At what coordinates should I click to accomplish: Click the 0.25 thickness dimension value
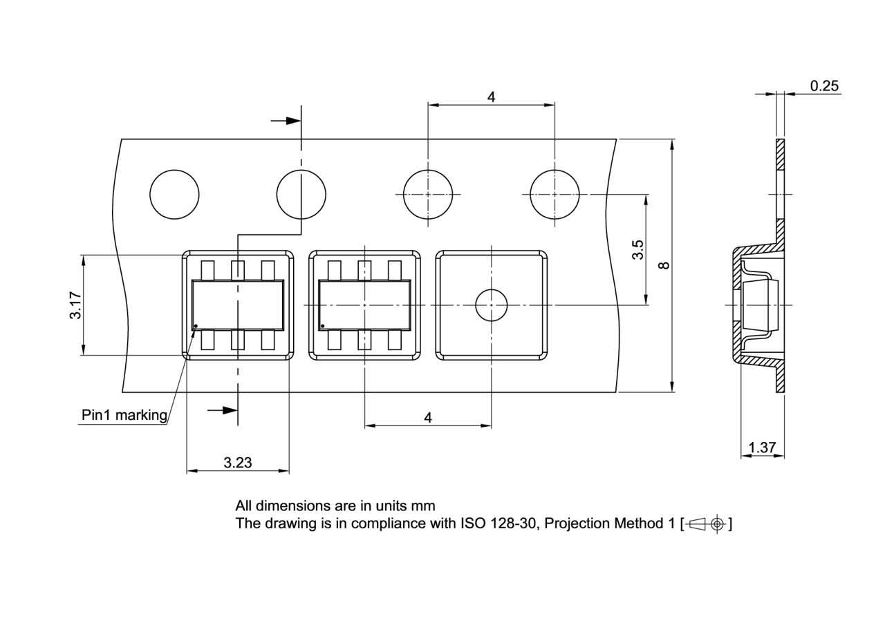click(824, 86)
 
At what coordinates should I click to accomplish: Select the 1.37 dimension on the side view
click(762, 448)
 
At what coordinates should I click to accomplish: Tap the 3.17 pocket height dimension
click(75, 305)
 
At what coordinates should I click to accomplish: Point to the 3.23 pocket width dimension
click(237, 463)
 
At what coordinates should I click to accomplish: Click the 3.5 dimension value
click(638, 249)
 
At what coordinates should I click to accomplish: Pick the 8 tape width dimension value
click(664, 265)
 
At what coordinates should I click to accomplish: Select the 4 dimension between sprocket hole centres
click(491, 97)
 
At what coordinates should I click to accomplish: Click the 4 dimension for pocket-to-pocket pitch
click(428, 418)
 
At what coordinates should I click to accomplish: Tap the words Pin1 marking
click(124, 415)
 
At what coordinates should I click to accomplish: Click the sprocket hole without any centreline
click(174, 195)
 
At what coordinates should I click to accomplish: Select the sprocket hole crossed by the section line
click(301, 195)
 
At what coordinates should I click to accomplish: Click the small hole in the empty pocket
click(491, 305)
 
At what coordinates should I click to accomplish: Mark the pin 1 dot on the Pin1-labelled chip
click(196, 326)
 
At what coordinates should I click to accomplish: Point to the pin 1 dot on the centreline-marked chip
click(322, 326)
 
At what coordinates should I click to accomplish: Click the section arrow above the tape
click(285, 121)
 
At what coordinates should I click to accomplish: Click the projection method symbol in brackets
click(707, 523)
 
